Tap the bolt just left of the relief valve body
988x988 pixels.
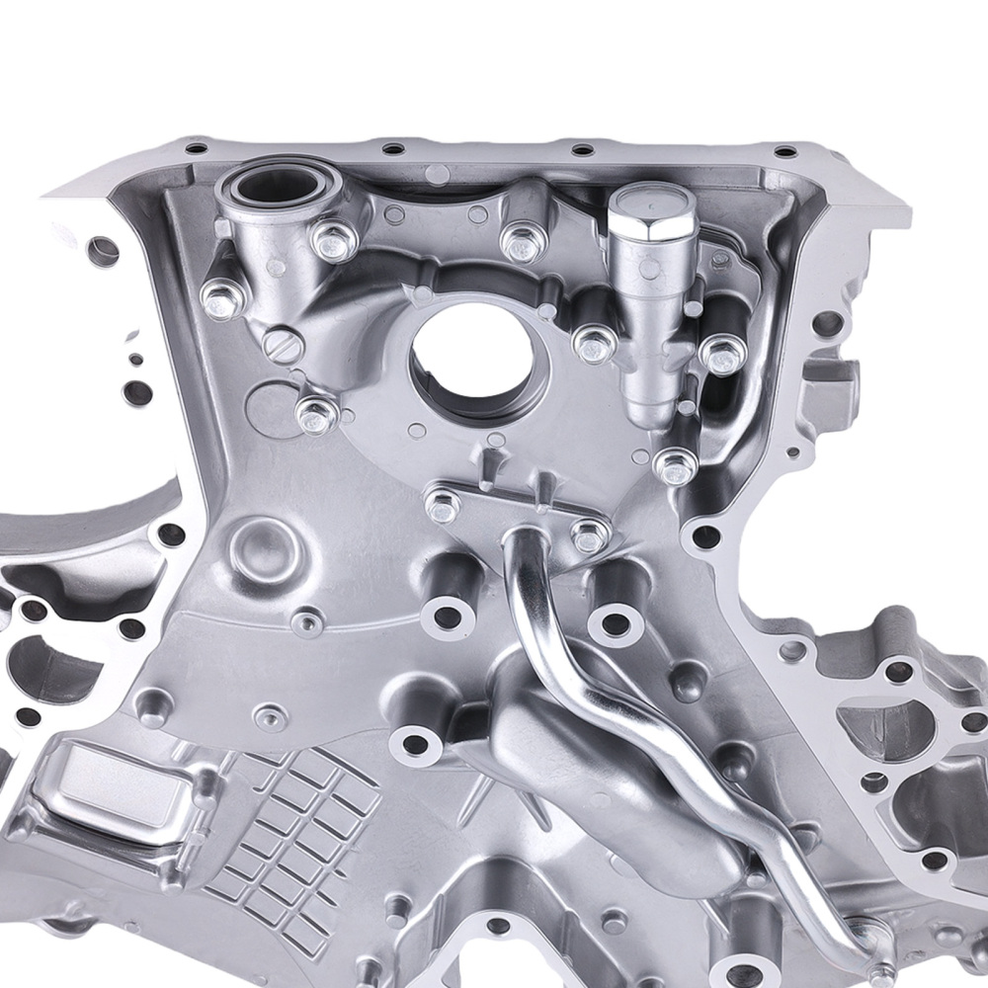pos(595,343)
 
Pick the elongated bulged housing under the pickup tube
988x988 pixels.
pos(583,751)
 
